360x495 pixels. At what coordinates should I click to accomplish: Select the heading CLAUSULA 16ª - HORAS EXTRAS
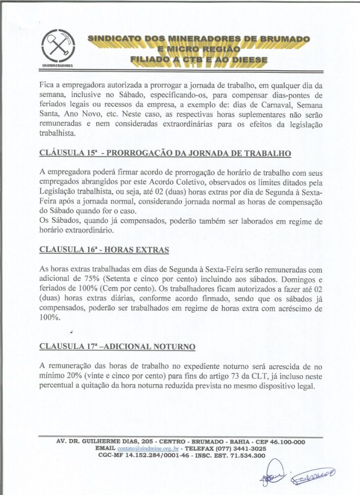pos(103,249)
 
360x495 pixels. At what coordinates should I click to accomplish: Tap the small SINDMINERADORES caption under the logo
pos(57,65)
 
